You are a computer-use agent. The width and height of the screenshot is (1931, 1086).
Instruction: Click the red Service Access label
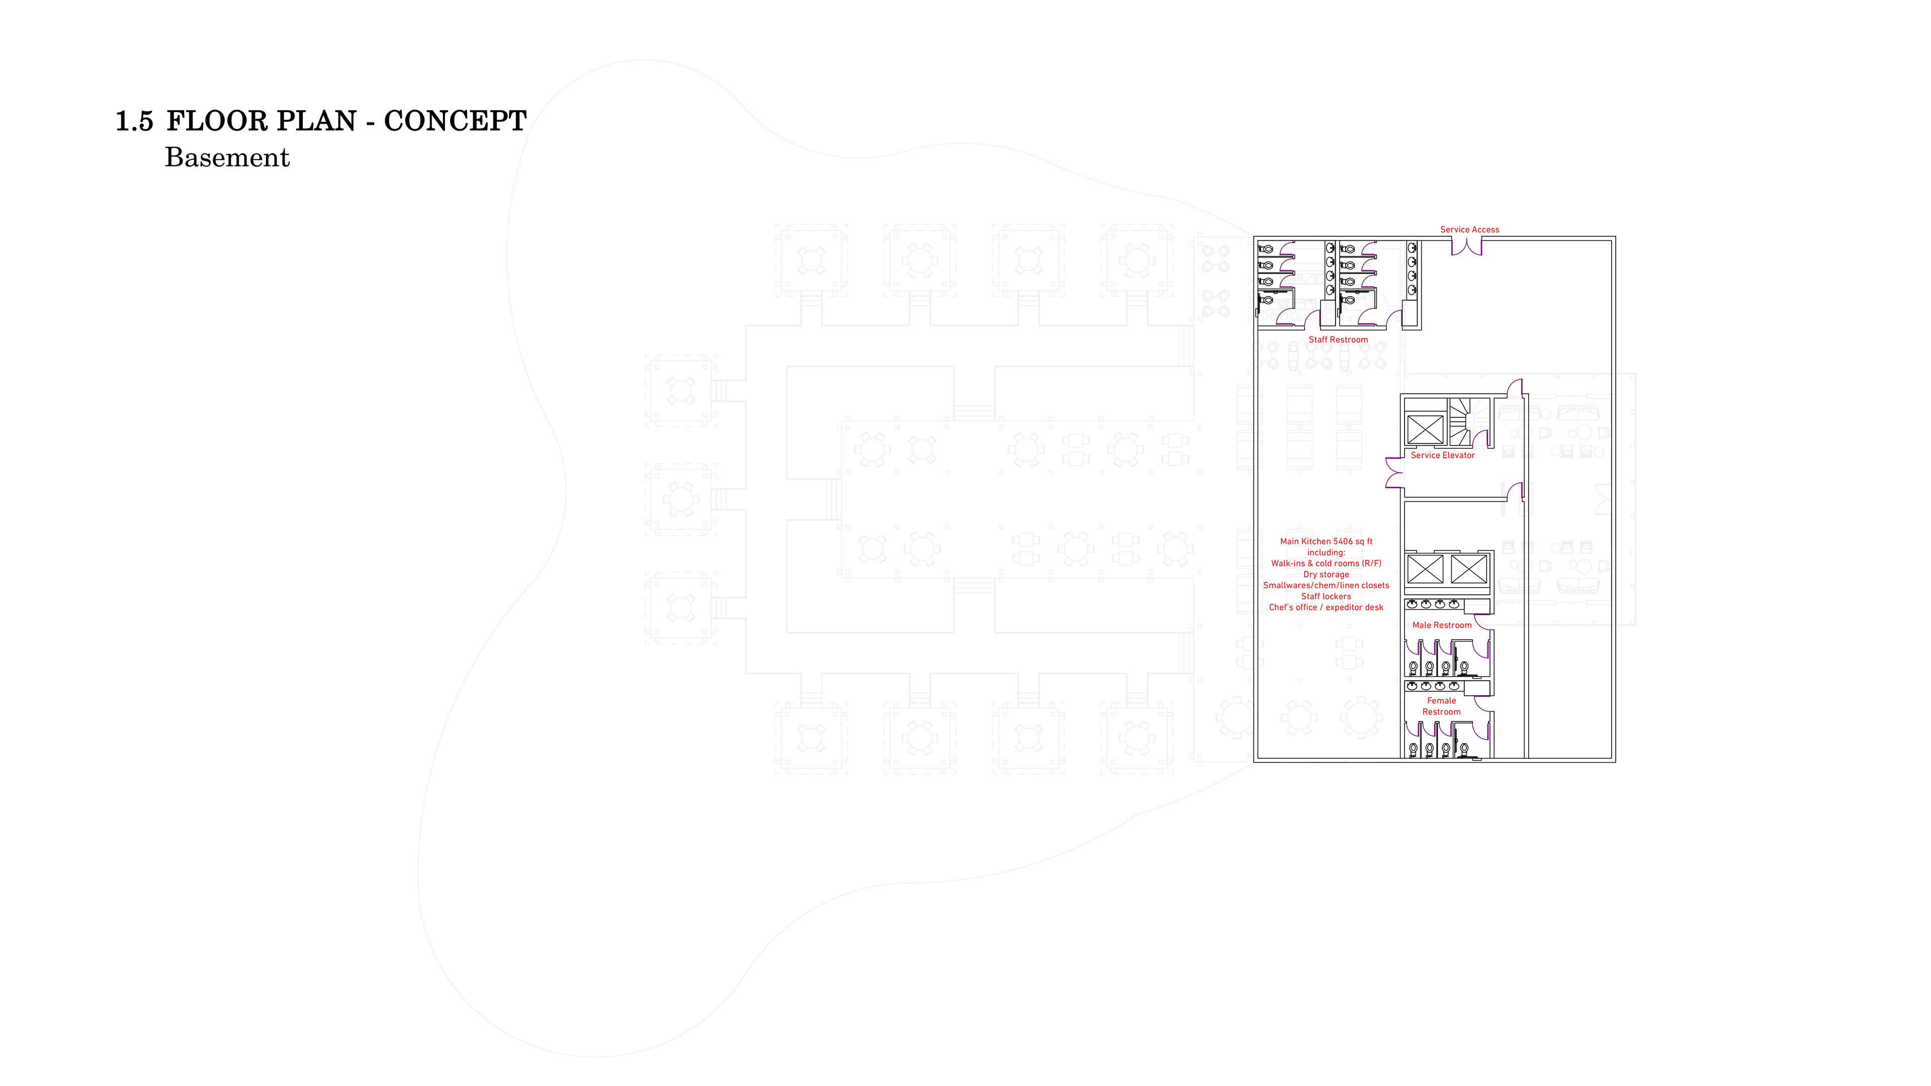1469,229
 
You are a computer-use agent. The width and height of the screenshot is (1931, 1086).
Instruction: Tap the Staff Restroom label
1338,339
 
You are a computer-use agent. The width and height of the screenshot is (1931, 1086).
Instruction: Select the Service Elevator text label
1442,455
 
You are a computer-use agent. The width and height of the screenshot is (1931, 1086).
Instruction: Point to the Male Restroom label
1442,625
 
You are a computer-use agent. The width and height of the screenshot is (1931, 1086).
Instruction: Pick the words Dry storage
1326,574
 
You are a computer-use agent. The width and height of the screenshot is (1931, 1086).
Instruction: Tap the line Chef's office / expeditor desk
1326,607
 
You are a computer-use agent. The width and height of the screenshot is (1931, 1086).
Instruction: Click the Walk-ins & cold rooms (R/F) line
1326,563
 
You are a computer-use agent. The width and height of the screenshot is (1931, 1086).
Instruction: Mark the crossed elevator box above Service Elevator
1424,429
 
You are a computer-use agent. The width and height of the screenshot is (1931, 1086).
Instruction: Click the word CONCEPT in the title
455,121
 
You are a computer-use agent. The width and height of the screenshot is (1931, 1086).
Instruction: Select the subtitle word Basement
227,157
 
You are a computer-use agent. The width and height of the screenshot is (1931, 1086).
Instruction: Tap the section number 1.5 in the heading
134,121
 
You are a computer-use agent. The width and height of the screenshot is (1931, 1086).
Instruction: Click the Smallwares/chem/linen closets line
1326,585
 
